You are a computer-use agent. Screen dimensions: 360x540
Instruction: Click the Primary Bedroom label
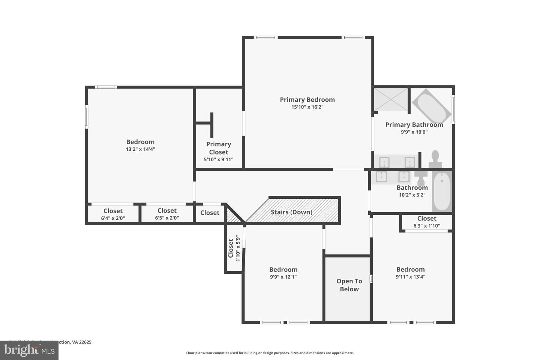307,99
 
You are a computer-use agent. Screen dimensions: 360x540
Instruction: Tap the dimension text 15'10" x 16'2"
307,107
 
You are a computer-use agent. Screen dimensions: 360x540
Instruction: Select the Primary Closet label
218,148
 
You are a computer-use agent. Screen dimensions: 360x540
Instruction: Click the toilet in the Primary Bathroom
435,159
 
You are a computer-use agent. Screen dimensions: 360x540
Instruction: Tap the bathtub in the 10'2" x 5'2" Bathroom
442,191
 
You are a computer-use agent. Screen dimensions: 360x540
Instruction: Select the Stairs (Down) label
291,212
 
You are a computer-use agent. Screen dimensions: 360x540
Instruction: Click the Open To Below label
349,285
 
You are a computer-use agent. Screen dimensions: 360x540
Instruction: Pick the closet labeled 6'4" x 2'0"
113,214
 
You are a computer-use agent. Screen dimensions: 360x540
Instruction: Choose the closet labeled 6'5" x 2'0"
167,214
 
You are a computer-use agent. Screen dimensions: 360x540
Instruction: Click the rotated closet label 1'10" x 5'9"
234,248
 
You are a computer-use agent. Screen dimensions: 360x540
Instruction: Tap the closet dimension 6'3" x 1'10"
427,226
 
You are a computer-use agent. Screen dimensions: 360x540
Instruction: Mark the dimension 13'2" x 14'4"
140,149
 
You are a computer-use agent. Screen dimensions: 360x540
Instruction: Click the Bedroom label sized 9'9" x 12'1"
283,270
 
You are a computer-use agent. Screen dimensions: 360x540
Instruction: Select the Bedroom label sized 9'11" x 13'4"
410,269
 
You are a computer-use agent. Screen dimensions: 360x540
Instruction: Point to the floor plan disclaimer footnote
270,353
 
